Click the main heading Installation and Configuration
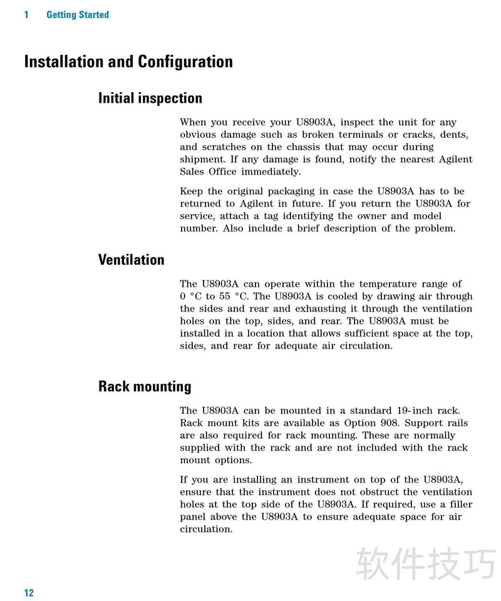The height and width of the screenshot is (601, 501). tap(128, 62)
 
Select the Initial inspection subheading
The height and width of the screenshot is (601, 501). tap(150, 98)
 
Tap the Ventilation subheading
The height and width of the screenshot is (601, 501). tap(132, 260)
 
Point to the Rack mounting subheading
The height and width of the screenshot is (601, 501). tap(145, 386)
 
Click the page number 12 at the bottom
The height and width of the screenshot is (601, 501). tap(29, 593)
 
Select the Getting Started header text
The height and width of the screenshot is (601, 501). tap(78, 14)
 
